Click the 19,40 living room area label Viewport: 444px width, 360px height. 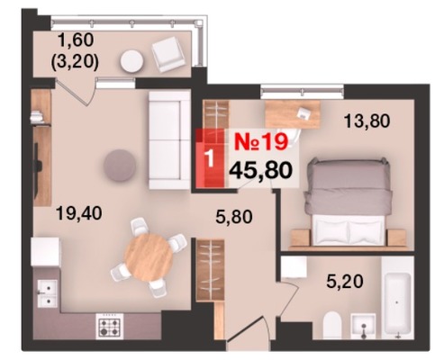79,214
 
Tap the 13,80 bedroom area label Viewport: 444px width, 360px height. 367,121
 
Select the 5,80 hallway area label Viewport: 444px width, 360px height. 234,217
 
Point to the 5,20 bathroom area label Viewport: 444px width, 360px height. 345,282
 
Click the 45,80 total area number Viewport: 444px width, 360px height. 260,170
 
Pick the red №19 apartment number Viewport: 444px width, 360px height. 261,141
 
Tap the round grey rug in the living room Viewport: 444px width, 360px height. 120,166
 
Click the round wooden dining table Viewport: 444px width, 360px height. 149,257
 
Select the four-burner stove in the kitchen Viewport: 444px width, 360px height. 109,326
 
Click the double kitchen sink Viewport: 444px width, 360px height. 47,293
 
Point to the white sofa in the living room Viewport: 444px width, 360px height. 169,140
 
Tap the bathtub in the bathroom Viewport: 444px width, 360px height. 397,303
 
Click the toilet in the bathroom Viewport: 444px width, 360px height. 332,326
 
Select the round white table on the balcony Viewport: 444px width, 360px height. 131,61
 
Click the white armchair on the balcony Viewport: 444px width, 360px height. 168,54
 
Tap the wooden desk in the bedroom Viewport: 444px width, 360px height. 293,114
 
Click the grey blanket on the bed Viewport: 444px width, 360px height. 349,186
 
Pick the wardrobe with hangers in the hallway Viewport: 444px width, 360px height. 210,270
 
